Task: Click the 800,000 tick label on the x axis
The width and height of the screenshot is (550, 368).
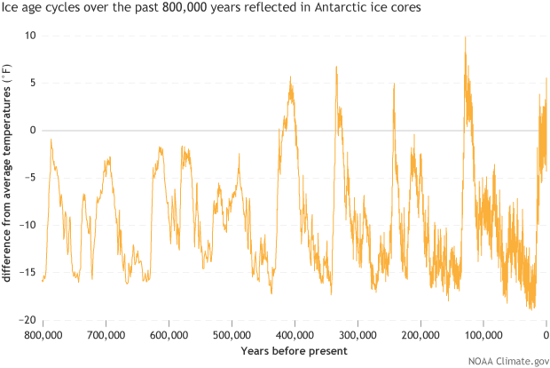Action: [x=43, y=335]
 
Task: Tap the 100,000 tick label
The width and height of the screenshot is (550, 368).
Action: [x=483, y=335]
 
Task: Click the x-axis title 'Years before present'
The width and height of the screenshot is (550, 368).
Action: [x=295, y=351]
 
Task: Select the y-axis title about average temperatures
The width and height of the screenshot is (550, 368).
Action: [x=8, y=178]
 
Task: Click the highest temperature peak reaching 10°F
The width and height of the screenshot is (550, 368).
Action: [x=465, y=37]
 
